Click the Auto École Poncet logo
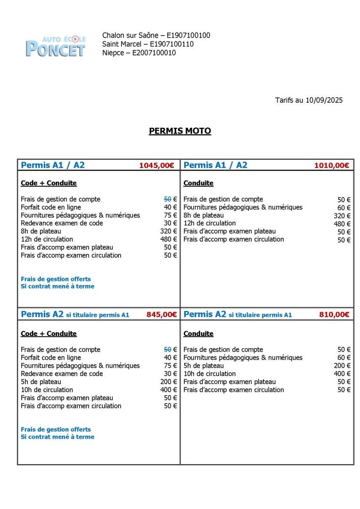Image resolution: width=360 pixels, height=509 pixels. [x=56, y=45]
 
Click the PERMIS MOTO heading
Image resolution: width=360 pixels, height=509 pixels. [x=180, y=131]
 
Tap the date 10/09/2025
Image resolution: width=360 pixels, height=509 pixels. [x=324, y=100]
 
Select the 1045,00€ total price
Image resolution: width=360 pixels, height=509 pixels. [x=156, y=165]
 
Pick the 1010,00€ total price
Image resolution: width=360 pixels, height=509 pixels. [x=332, y=165]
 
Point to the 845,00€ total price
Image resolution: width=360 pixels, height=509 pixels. [x=162, y=315]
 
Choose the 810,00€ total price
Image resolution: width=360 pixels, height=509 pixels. [x=334, y=315]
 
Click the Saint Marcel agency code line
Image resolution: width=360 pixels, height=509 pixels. [x=147, y=44]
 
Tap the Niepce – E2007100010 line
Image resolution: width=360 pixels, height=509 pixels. [x=139, y=53]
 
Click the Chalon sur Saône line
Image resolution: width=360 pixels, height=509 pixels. [x=156, y=35]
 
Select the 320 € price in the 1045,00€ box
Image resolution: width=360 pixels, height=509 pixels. [x=168, y=231]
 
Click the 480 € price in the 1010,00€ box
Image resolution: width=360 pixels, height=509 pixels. [x=342, y=224]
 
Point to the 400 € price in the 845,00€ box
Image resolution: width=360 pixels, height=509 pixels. [x=168, y=390]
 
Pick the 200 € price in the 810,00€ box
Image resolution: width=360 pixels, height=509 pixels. [x=342, y=366]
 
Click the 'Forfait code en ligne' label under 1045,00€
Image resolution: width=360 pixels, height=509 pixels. [x=51, y=207]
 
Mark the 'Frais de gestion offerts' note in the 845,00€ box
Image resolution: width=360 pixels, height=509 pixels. [x=56, y=429]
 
